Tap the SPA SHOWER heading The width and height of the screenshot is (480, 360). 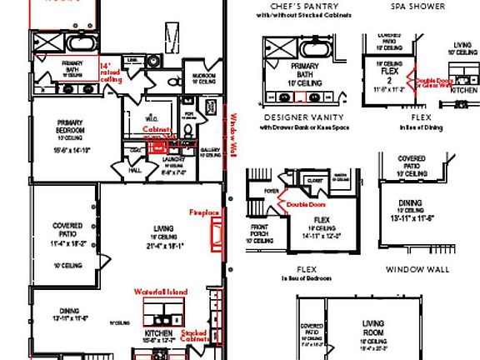tap(417, 7)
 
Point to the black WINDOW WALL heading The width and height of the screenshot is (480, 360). tap(417, 269)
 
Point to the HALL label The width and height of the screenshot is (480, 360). tap(135, 170)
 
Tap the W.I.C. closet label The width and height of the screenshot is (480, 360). tap(153, 117)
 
